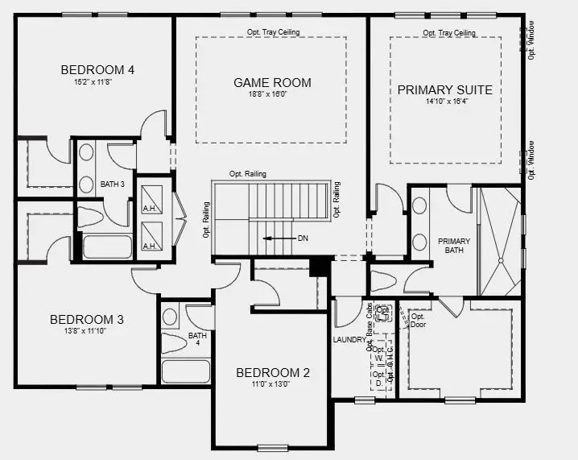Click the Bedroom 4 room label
pyautogui.click(x=97, y=69)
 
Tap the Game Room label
pyautogui.click(x=272, y=82)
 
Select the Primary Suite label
pyautogui.click(x=444, y=89)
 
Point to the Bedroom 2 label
pyautogui.click(x=272, y=373)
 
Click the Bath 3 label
pyautogui.click(x=112, y=184)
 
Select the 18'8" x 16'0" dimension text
pyautogui.click(x=272, y=95)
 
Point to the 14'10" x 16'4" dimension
pyautogui.click(x=444, y=102)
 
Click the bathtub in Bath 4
pyautogui.click(x=186, y=371)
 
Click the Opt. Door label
pyautogui.click(x=418, y=321)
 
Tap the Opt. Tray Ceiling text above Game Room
pyautogui.click(x=272, y=33)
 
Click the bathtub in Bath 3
pyautogui.click(x=106, y=246)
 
